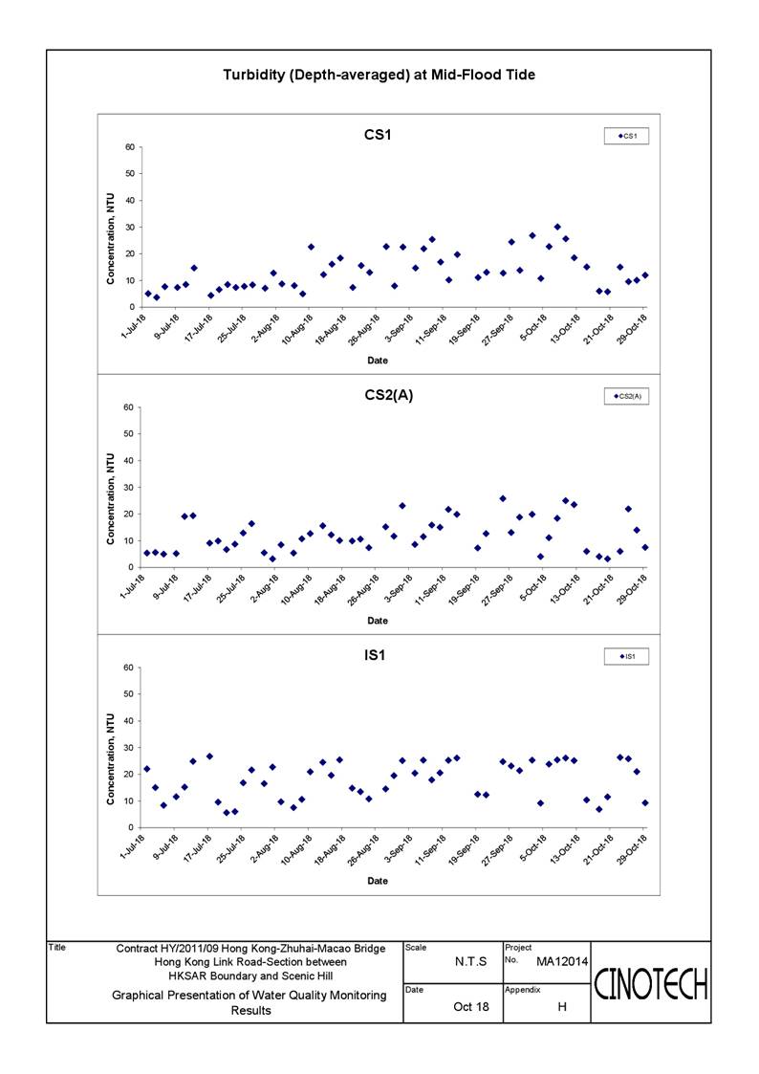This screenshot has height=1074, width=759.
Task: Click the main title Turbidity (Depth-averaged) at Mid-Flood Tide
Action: (379, 75)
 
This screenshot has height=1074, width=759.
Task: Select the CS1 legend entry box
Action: (626, 136)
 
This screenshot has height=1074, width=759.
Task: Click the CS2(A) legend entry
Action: (626, 396)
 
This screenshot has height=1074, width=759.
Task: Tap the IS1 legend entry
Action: (626, 656)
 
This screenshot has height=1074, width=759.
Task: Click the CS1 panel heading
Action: (378, 134)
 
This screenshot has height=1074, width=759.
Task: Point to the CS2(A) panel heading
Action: (389, 395)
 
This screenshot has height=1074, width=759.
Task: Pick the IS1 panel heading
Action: (375, 655)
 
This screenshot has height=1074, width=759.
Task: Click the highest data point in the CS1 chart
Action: (557, 227)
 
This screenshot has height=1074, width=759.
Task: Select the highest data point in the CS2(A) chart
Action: (503, 498)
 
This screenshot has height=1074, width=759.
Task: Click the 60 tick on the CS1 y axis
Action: (129, 147)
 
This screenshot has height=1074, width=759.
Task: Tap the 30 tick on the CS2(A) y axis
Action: (129, 488)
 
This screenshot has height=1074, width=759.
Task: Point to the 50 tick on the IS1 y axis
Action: (129, 694)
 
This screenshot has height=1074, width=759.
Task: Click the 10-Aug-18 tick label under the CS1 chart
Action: (297, 329)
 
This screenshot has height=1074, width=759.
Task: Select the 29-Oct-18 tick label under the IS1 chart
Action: (633, 849)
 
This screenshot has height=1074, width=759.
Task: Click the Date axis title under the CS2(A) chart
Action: (378, 621)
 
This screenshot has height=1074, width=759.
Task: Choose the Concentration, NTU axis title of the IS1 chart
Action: (110, 759)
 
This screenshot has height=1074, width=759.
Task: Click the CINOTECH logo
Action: (650, 985)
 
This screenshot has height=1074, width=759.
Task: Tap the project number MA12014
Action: (562, 962)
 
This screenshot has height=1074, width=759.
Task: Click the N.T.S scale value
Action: (471, 962)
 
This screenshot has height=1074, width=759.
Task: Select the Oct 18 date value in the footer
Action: (471, 1007)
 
